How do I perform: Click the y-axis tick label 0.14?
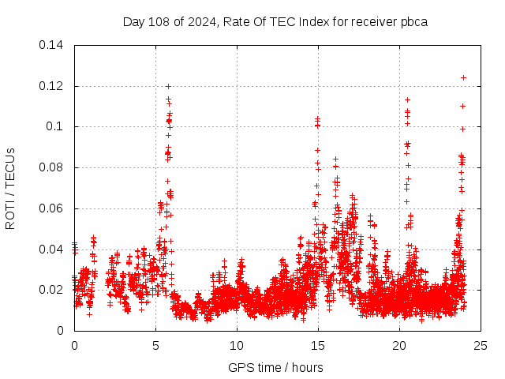click(x=53, y=45)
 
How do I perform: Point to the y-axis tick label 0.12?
click(x=53, y=86)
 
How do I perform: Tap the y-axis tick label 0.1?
click(x=56, y=126)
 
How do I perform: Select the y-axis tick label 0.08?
click(x=53, y=167)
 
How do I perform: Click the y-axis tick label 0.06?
click(x=53, y=208)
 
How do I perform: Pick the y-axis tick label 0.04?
click(x=53, y=250)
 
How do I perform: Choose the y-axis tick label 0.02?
click(x=53, y=290)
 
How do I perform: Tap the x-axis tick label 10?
click(x=237, y=345)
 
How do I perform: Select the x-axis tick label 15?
click(x=318, y=345)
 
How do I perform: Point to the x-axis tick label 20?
click(x=399, y=345)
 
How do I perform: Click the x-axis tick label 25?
click(x=481, y=345)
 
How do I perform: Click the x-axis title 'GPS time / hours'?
click(x=275, y=367)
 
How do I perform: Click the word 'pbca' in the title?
click(x=413, y=21)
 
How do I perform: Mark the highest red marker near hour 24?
click(x=464, y=77)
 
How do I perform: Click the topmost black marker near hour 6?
click(x=168, y=86)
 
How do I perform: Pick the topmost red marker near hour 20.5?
click(x=407, y=99)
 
